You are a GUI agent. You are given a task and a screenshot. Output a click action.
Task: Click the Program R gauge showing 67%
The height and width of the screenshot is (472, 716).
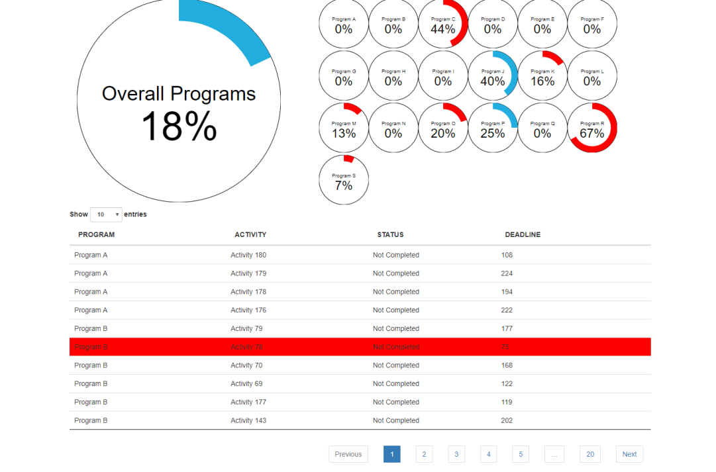pyautogui.click(x=592, y=128)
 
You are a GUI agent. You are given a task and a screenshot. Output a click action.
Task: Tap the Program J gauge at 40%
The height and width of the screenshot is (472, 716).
pyautogui.click(x=493, y=76)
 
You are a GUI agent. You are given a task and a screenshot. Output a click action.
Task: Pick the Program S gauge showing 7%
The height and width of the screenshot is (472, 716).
pyautogui.click(x=344, y=180)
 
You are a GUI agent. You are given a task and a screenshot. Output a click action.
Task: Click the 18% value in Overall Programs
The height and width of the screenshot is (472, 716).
pyautogui.click(x=179, y=126)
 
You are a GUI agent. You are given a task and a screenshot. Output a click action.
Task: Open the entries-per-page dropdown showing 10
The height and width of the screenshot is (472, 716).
pyautogui.click(x=106, y=214)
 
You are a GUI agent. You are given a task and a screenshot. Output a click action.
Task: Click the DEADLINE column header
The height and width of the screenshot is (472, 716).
pyautogui.click(x=523, y=235)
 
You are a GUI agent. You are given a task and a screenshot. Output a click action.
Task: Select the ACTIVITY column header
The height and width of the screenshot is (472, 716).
pyautogui.click(x=250, y=235)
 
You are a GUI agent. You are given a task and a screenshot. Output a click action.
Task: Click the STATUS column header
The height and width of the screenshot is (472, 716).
pyautogui.click(x=390, y=235)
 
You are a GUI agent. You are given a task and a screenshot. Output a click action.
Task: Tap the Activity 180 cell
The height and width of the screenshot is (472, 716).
pyautogui.click(x=248, y=255)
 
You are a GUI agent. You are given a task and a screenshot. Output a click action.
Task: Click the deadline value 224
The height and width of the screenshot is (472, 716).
pyautogui.click(x=507, y=273)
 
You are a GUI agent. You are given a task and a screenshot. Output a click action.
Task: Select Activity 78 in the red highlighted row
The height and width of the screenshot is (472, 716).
pyautogui.click(x=246, y=347)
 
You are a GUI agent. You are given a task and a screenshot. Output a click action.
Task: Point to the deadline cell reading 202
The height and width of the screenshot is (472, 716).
pyautogui.click(x=507, y=420)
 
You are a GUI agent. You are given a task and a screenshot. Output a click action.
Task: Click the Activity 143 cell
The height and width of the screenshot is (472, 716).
pyautogui.click(x=248, y=420)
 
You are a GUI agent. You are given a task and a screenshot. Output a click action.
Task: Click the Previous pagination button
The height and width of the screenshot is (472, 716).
pyautogui.click(x=348, y=454)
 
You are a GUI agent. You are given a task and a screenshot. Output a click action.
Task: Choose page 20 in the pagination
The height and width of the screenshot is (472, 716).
pyautogui.click(x=589, y=454)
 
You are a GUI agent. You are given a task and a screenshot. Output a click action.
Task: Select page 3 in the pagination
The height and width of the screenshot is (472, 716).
pyautogui.click(x=456, y=454)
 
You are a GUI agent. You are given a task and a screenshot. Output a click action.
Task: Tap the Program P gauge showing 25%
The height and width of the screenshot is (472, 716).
pyautogui.click(x=493, y=128)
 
